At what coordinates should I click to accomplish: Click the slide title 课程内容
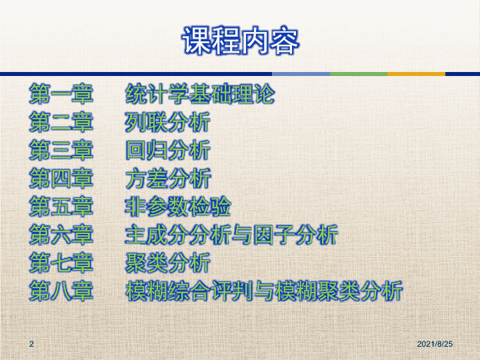tap(240, 41)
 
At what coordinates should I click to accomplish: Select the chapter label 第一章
tap(61, 94)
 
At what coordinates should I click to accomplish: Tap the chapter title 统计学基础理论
tap(200, 94)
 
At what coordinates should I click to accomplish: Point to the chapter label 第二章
tap(61, 122)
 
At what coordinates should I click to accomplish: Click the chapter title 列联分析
tap(168, 122)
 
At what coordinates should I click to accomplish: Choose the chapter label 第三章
tap(61, 150)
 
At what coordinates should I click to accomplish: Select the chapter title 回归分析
tap(168, 150)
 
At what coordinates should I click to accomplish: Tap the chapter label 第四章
tap(61, 179)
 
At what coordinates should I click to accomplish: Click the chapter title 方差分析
tap(168, 179)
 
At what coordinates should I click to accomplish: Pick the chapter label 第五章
tap(61, 207)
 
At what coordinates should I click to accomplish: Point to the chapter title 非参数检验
tap(178, 207)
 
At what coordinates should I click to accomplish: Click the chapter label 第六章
tap(61, 235)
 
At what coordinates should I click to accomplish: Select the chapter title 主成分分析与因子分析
tap(232, 235)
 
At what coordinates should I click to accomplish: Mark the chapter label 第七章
tap(61, 263)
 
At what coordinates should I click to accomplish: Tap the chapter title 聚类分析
tap(168, 263)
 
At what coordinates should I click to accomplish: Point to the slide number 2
tap(31, 344)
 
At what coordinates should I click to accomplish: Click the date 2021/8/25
tap(435, 344)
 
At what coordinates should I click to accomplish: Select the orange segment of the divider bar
tap(416, 74)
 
